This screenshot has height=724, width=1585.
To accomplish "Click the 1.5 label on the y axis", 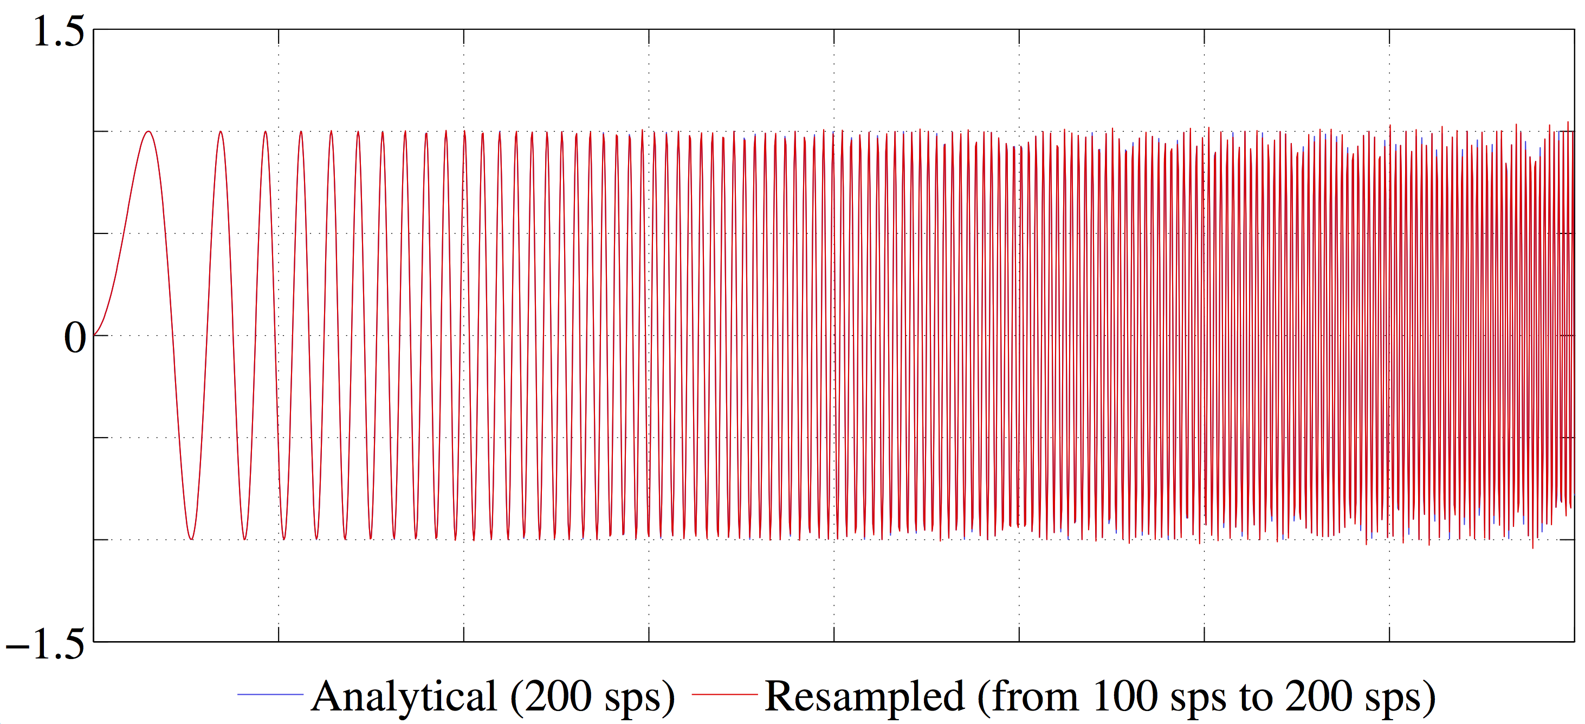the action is click(59, 31).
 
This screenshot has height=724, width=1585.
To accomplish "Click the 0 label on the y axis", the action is click(75, 338).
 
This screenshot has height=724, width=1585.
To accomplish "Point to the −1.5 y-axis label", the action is click(45, 644).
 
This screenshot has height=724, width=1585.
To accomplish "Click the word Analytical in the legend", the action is click(404, 697).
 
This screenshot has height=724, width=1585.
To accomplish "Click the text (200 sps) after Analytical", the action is click(592, 698).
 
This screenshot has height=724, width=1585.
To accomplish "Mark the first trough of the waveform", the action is click(192, 539).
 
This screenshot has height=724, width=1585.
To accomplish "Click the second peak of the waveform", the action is click(221, 131).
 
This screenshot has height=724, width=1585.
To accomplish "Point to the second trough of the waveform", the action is click(245, 539).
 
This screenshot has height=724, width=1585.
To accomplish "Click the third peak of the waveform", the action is click(265, 131).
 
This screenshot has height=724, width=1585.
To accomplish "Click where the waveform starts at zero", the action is click(94, 335).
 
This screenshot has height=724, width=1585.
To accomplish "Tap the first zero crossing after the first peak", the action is click(172, 335).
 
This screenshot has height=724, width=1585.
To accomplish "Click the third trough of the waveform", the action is click(283, 539).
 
